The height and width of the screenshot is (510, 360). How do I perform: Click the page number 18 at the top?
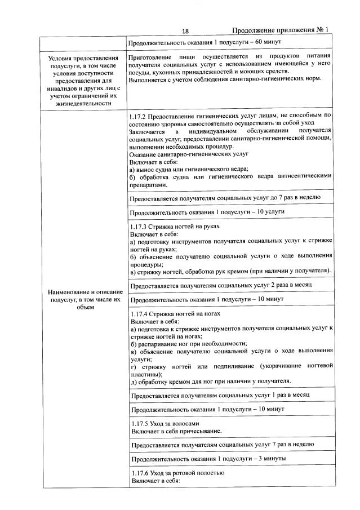click(185, 31)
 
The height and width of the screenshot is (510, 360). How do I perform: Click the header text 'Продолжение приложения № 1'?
click(279, 30)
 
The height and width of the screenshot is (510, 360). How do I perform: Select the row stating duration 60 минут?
click(205, 42)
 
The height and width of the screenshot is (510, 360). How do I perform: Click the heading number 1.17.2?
click(139, 115)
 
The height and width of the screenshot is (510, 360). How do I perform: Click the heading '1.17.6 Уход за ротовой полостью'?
click(177, 473)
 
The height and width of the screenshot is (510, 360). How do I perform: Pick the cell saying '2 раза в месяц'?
click(222, 286)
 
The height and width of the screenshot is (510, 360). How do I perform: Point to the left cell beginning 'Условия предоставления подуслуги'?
click(83, 80)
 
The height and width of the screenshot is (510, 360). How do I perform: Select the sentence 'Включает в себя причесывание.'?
click(176, 431)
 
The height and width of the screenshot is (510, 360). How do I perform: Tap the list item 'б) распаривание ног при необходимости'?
click(189, 343)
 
